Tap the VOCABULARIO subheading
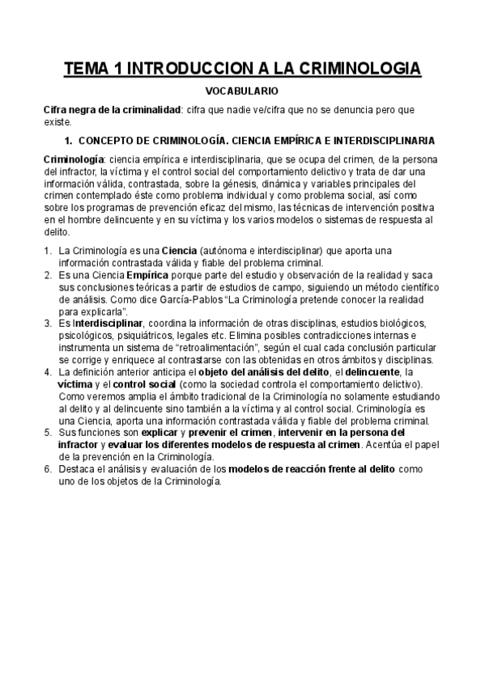click(x=242, y=92)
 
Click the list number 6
click(x=47, y=469)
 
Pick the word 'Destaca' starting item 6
click(x=76, y=469)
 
